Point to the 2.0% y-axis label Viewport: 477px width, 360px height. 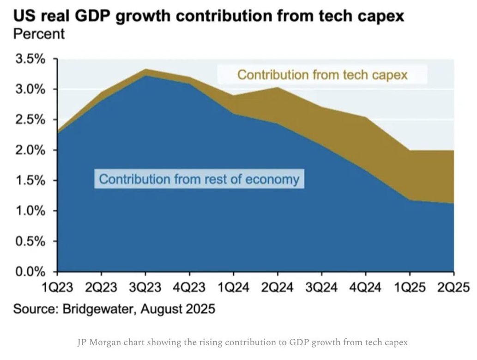tap(30, 150)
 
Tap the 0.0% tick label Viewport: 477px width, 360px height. tap(30, 272)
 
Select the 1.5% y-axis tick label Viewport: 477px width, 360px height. tap(30, 181)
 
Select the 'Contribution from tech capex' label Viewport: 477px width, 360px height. tap(322, 74)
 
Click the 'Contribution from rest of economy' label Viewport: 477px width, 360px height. tap(199, 179)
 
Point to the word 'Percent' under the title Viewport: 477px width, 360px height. tap(39, 34)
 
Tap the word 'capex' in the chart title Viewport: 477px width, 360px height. tap(381, 17)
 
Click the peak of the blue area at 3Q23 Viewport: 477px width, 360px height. tap(145, 76)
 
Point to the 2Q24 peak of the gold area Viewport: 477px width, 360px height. tap(278, 87)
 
